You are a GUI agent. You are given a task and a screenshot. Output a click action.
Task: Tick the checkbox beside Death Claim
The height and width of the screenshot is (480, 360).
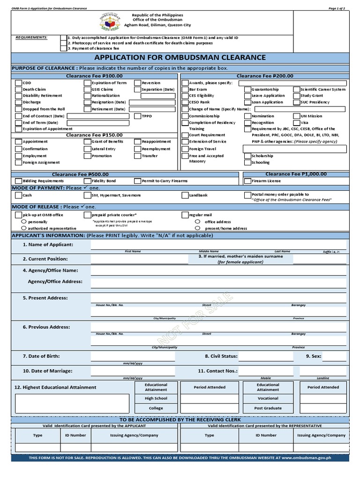coord(18,89)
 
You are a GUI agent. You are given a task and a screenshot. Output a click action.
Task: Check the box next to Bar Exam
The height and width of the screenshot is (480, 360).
coord(185,89)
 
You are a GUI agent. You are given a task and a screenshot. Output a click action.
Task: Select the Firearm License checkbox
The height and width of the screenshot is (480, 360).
coord(247,181)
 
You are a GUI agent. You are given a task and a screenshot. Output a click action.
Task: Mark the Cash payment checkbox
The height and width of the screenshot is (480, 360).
coord(18,195)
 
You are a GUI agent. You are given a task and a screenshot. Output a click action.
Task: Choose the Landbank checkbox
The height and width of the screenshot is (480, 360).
coord(185,195)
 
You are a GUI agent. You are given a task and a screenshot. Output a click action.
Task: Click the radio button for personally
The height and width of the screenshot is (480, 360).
coord(24,222)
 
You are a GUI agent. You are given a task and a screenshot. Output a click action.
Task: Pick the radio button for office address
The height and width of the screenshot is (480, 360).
coord(197,222)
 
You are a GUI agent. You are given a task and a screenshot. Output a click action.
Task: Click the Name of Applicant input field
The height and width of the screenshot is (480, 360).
coord(218,245)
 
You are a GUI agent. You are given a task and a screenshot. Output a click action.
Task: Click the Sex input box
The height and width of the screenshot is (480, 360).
coord(336,356)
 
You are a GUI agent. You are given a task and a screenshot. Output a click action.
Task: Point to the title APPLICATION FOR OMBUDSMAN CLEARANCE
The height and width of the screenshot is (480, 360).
coord(180,58)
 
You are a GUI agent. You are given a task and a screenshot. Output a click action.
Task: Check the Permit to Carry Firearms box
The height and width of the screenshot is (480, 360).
coord(137,181)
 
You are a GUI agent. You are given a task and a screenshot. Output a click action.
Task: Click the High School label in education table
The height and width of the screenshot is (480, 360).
coord(156,398)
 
